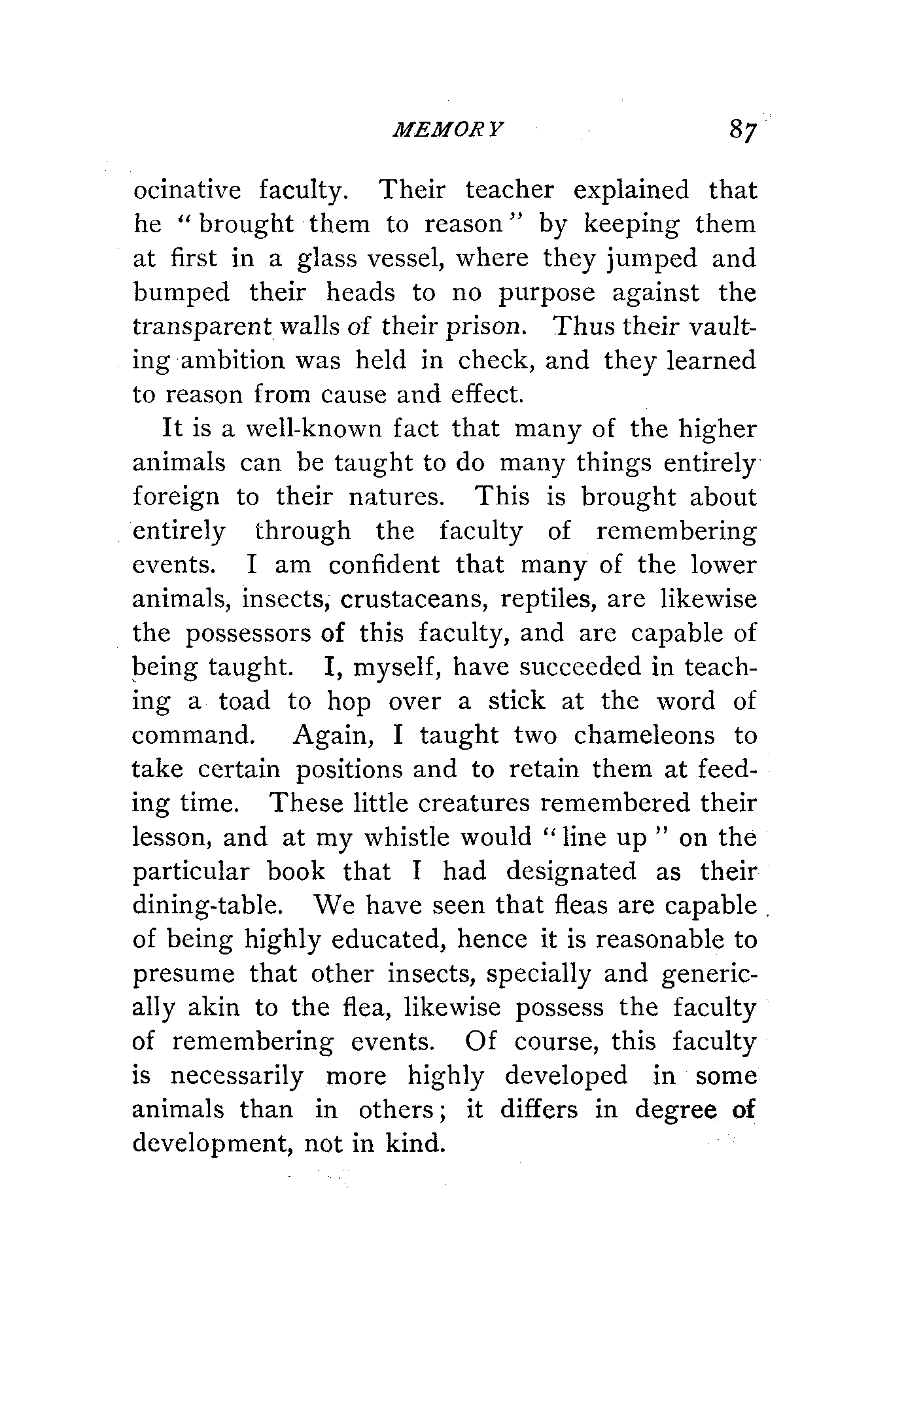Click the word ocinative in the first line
point(187,190)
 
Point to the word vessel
point(402,258)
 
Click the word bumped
point(181,292)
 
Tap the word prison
point(488,326)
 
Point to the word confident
point(384,565)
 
